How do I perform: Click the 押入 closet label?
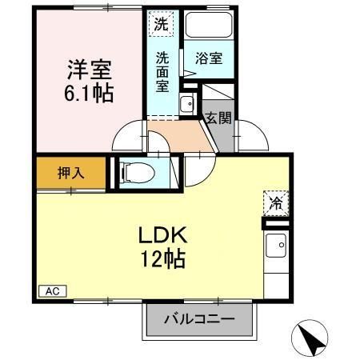(x=70, y=171)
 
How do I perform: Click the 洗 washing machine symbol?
(x=162, y=24)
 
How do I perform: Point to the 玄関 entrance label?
(x=218, y=119)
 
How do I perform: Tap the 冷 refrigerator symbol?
(x=274, y=203)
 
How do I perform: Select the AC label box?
(x=51, y=290)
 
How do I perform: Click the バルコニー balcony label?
(x=200, y=319)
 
